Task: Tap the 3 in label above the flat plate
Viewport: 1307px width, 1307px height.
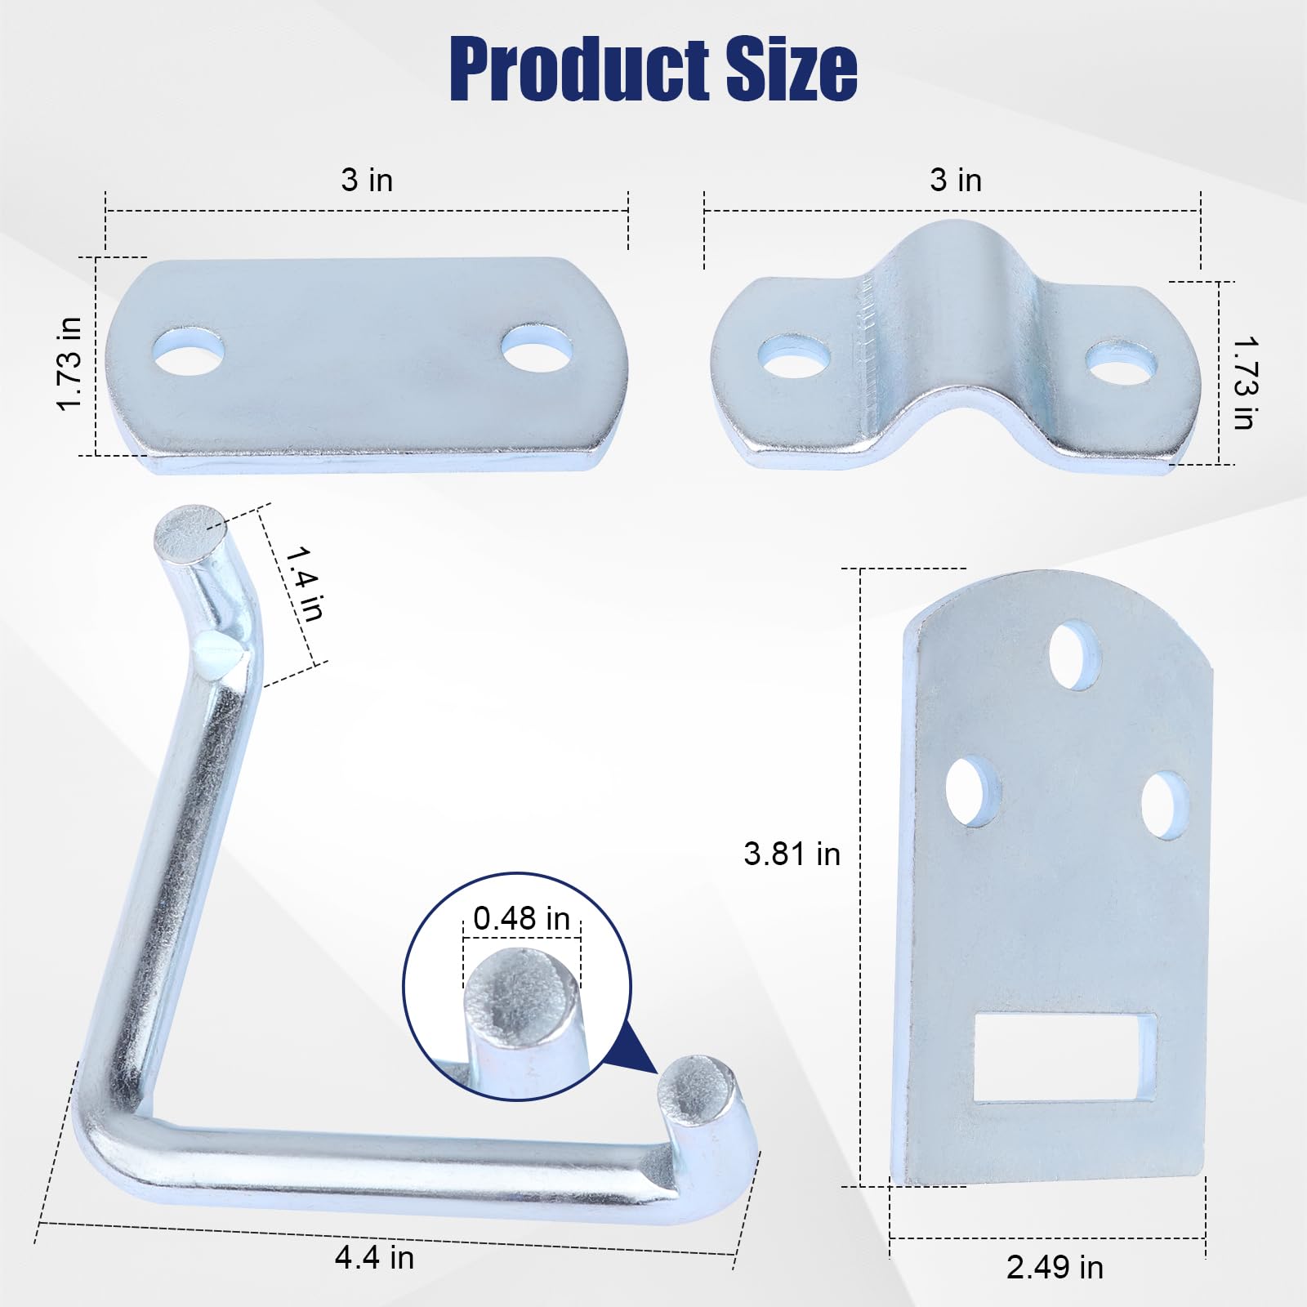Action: tap(367, 181)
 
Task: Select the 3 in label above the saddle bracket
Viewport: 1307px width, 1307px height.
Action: tap(956, 181)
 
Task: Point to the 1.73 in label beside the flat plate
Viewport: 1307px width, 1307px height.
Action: tap(70, 364)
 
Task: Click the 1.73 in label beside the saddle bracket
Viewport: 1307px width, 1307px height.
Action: tap(1244, 382)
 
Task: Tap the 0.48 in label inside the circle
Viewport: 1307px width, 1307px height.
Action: tap(521, 919)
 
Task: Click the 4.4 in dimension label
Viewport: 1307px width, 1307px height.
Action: tap(374, 1257)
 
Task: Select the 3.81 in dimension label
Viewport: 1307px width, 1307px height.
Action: tap(792, 854)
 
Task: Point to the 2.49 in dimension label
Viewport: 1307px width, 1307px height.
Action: tap(1055, 1268)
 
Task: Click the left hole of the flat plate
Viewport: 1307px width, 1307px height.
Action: tap(189, 352)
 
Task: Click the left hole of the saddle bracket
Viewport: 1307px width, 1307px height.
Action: tap(794, 356)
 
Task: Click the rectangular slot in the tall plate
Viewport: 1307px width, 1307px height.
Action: tap(1064, 1058)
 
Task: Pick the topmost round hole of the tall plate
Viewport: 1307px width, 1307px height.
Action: tap(1073, 656)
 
